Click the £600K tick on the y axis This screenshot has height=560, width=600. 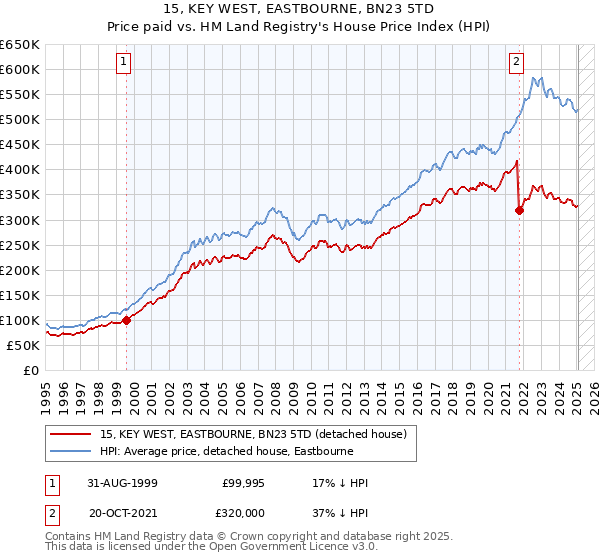pos(20,69)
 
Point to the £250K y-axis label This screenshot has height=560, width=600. pos(20,245)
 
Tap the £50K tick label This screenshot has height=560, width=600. pos(24,345)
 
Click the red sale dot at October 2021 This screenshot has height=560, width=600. pos(519,209)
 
